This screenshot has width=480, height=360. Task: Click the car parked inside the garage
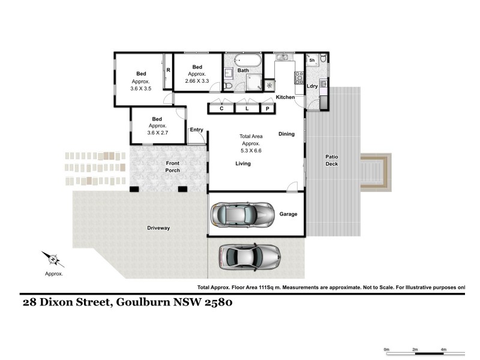tap(242, 215)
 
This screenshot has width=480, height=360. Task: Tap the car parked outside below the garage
tap(250, 257)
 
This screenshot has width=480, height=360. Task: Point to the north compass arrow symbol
tap(53, 260)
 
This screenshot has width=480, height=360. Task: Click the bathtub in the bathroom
tap(248, 61)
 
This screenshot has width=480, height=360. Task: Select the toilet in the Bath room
tap(228, 85)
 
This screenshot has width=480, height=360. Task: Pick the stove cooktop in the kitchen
tap(299, 78)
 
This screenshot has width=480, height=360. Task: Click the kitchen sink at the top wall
tap(281, 57)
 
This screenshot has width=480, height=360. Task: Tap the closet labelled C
tap(221, 109)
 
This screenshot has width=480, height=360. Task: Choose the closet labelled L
tap(247, 109)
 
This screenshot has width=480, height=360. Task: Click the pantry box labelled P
tap(268, 109)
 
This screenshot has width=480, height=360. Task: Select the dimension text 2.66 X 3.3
tap(197, 81)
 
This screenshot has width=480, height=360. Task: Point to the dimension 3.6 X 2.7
tap(158, 133)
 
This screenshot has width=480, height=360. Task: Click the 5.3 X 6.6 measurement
tap(251, 151)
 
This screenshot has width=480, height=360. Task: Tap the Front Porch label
tap(173, 167)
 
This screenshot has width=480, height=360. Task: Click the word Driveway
tap(158, 228)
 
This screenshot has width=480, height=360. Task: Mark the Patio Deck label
tap(332, 160)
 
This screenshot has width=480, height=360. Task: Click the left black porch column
tap(134, 189)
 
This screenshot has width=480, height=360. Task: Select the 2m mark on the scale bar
tap(415, 349)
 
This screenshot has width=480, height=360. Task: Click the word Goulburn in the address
tap(143, 302)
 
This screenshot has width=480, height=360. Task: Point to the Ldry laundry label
tap(312, 86)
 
